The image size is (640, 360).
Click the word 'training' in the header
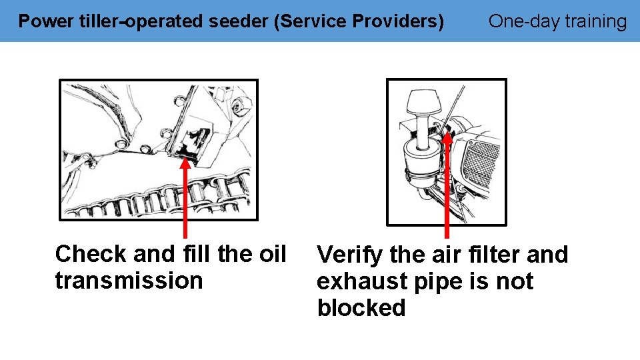(596, 21)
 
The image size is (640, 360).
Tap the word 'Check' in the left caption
(91, 254)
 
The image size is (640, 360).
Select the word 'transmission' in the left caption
(129, 281)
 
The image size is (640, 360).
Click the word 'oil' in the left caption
(271, 254)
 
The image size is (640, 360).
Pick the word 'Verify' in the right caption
(349, 255)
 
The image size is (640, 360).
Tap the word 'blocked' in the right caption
(361, 308)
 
